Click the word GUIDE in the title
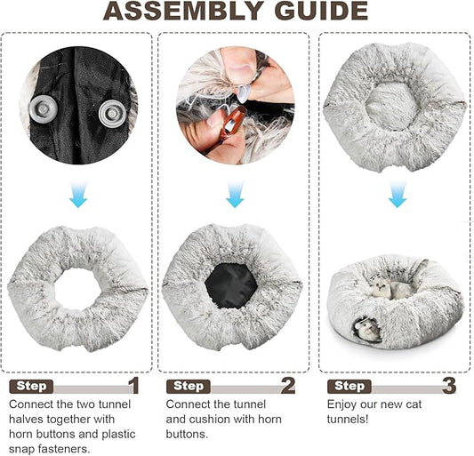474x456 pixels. click(321, 11)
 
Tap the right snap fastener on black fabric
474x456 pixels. click(112, 114)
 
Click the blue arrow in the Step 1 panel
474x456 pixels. click(78, 194)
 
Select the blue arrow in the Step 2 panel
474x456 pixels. click(235, 194)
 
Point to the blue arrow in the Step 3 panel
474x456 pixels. click(398, 194)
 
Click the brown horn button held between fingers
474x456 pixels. click(231, 122)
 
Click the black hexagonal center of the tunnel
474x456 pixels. click(231, 286)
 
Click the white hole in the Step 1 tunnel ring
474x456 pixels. click(77, 288)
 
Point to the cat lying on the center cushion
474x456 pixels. click(391, 289)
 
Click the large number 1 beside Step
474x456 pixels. click(133, 385)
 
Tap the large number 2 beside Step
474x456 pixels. click(288, 385)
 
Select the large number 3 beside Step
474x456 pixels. click(449, 385)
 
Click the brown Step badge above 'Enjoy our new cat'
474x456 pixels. click(349, 387)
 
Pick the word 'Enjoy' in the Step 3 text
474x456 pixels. click(342, 405)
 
